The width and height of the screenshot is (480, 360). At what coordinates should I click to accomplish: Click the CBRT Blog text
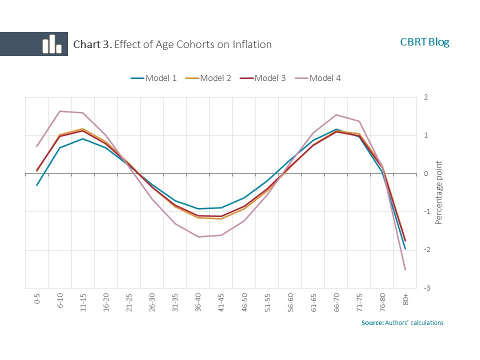tap(424, 42)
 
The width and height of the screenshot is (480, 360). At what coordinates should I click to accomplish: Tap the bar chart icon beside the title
tap(51, 44)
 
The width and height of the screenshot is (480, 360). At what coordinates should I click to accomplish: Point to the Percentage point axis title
tap(439, 192)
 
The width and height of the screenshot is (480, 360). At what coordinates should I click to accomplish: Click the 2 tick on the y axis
tap(425, 97)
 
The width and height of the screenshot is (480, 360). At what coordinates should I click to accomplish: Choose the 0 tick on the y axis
tap(425, 174)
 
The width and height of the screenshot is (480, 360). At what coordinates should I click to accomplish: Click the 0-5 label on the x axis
tap(37, 299)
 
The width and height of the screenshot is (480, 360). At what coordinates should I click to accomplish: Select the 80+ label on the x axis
tap(406, 299)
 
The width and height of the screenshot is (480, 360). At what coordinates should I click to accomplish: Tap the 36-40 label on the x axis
tap(198, 301)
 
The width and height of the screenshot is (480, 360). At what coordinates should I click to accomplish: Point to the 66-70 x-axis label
tap(336, 301)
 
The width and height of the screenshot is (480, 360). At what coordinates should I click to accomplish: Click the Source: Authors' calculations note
tap(402, 323)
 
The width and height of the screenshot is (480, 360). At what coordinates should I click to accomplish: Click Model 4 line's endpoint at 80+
tap(405, 270)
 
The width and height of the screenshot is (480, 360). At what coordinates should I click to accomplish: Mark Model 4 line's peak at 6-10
tap(60, 111)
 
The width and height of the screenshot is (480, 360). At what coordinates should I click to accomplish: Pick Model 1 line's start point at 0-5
tap(37, 185)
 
